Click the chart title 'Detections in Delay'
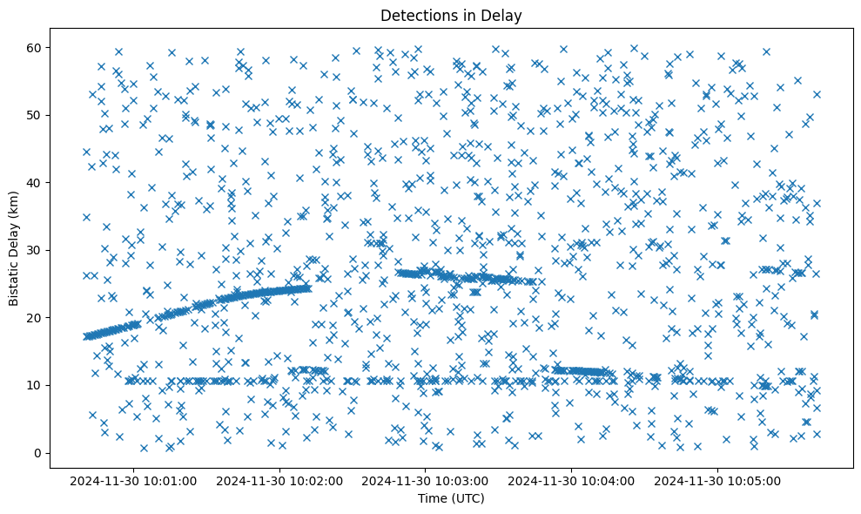pyautogui.click(x=451, y=15)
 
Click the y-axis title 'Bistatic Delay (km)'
pyautogui.click(x=14, y=248)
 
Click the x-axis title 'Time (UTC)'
pyautogui.click(x=451, y=498)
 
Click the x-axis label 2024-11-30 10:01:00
pyautogui.click(x=133, y=479)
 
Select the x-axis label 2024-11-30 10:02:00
pyautogui.click(x=279, y=479)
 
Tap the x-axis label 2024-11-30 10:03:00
pyautogui.click(x=426, y=479)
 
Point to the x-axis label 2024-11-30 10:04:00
pyautogui.click(x=572, y=479)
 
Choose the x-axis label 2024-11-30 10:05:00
pyautogui.click(x=718, y=479)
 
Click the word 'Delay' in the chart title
pyautogui.click(x=504, y=15)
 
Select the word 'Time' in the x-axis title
pyautogui.click(x=433, y=498)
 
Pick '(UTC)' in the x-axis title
pyautogui.click(x=467, y=498)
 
